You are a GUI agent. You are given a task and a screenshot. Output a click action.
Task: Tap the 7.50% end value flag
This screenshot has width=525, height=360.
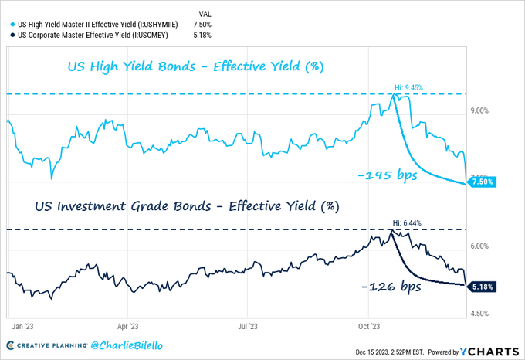click(x=481, y=182)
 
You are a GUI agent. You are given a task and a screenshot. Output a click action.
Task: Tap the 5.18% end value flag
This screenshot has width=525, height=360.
click(x=481, y=286)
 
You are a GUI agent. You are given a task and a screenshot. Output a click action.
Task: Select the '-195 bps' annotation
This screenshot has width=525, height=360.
click(x=387, y=176)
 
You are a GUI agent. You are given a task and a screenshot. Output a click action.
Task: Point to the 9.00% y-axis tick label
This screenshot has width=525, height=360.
click(x=480, y=111)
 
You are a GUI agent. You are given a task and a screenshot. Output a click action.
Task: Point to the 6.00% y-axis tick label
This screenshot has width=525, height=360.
click(x=480, y=246)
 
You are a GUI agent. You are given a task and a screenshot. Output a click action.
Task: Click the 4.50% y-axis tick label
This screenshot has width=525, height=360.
click(x=480, y=314)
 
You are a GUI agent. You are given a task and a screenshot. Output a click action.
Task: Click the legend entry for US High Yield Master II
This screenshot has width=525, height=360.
click(x=98, y=25)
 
